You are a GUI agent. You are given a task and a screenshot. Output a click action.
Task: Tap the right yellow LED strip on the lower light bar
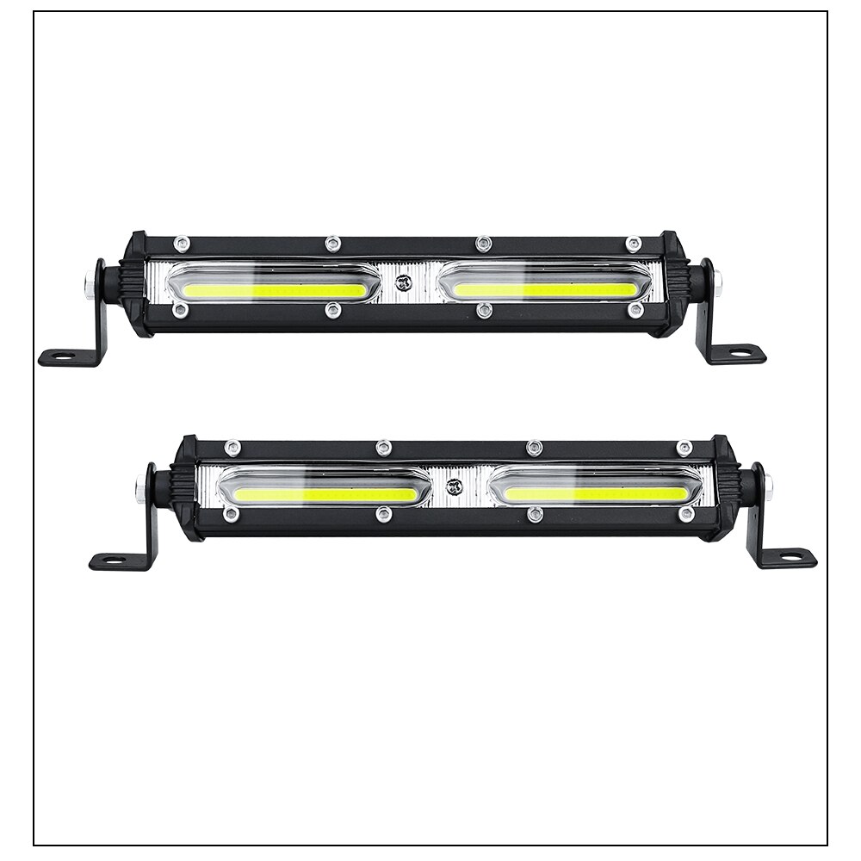[595, 494]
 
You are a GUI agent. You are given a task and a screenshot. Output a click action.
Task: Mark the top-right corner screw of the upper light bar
[634, 244]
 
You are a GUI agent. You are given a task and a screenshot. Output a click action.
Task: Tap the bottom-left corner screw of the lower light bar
[231, 514]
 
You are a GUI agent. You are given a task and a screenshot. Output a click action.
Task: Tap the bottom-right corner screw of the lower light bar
[686, 514]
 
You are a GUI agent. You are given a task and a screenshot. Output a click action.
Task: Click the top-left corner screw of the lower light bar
[232, 448]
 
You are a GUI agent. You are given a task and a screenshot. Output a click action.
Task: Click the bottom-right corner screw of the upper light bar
[635, 309]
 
